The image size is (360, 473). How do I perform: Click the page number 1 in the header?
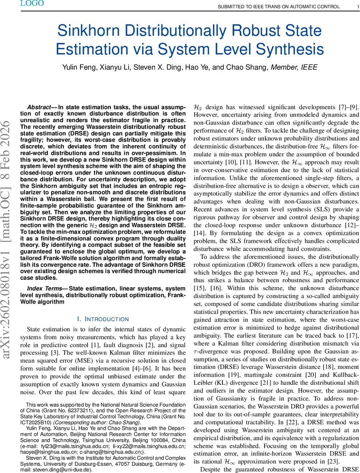(x=353, y=7)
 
